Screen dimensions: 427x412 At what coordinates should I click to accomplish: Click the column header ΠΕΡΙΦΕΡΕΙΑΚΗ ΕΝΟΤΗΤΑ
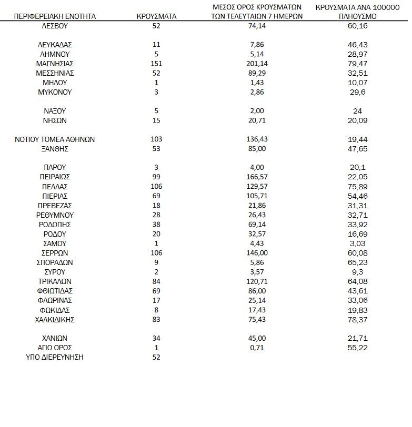click(x=55, y=16)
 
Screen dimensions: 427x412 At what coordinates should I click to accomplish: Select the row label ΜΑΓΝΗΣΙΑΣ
click(x=55, y=64)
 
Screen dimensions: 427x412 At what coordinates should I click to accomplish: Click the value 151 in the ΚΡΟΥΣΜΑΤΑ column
click(x=156, y=64)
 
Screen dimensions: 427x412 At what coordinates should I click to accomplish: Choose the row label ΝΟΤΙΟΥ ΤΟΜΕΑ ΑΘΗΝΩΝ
click(x=55, y=139)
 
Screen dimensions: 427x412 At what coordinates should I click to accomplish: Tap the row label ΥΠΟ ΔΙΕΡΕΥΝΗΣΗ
click(x=55, y=357)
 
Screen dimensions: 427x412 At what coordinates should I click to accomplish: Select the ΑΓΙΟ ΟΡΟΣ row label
click(x=55, y=348)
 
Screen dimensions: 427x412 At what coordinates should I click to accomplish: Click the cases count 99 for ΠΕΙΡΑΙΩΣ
click(x=156, y=177)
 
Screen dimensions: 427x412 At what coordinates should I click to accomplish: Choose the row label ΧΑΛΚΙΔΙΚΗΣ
click(x=55, y=319)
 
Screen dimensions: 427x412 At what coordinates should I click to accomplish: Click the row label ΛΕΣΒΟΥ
click(x=55, y=26)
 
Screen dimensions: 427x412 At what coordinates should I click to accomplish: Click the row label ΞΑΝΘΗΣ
click(x=55, y=149)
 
